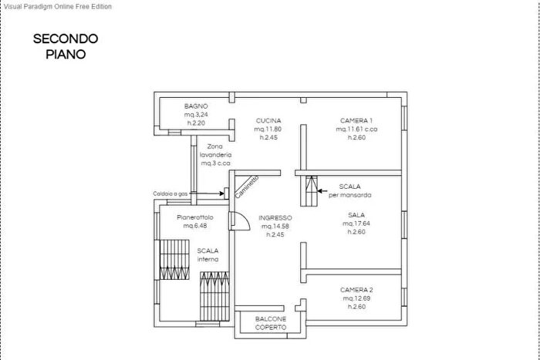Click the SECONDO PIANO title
pyautogui.click(x=66, y=46)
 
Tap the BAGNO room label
pyautogui.click(x=196, y=106)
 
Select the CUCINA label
pyautogui.click(x=268, y=121)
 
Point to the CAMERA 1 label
pyautogui.click(x=356, y=121)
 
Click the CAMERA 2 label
pyautogui.click(x=356, y=290)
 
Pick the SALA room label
pyautogui.click(x=356, y=215)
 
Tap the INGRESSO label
pyautogui.click(x=275, y=218)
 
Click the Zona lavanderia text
pyautogui.click(x=215, y=151)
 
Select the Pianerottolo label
pyautogui.click(x=195, y=217)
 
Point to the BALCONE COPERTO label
pyautogui.click(x=271, y=323)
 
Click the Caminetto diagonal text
pyautogui.click(x=247, y=187)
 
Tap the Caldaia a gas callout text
pyautogui.click(x=170, y=193)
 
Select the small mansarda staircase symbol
pyautogui.click(x=309, y=191)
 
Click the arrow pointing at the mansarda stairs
pyautogui.click(x=322, y=190)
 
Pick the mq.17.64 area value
pyautogui.click(x=356, y=224)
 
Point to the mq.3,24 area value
pyautogui.click(x=196, y=115)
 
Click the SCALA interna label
pyautogui.click(x=208, y=255)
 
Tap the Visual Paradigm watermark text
pyautogui.click(x=58, y=6)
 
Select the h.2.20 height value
pyautogui.click(x=196, y=123)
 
